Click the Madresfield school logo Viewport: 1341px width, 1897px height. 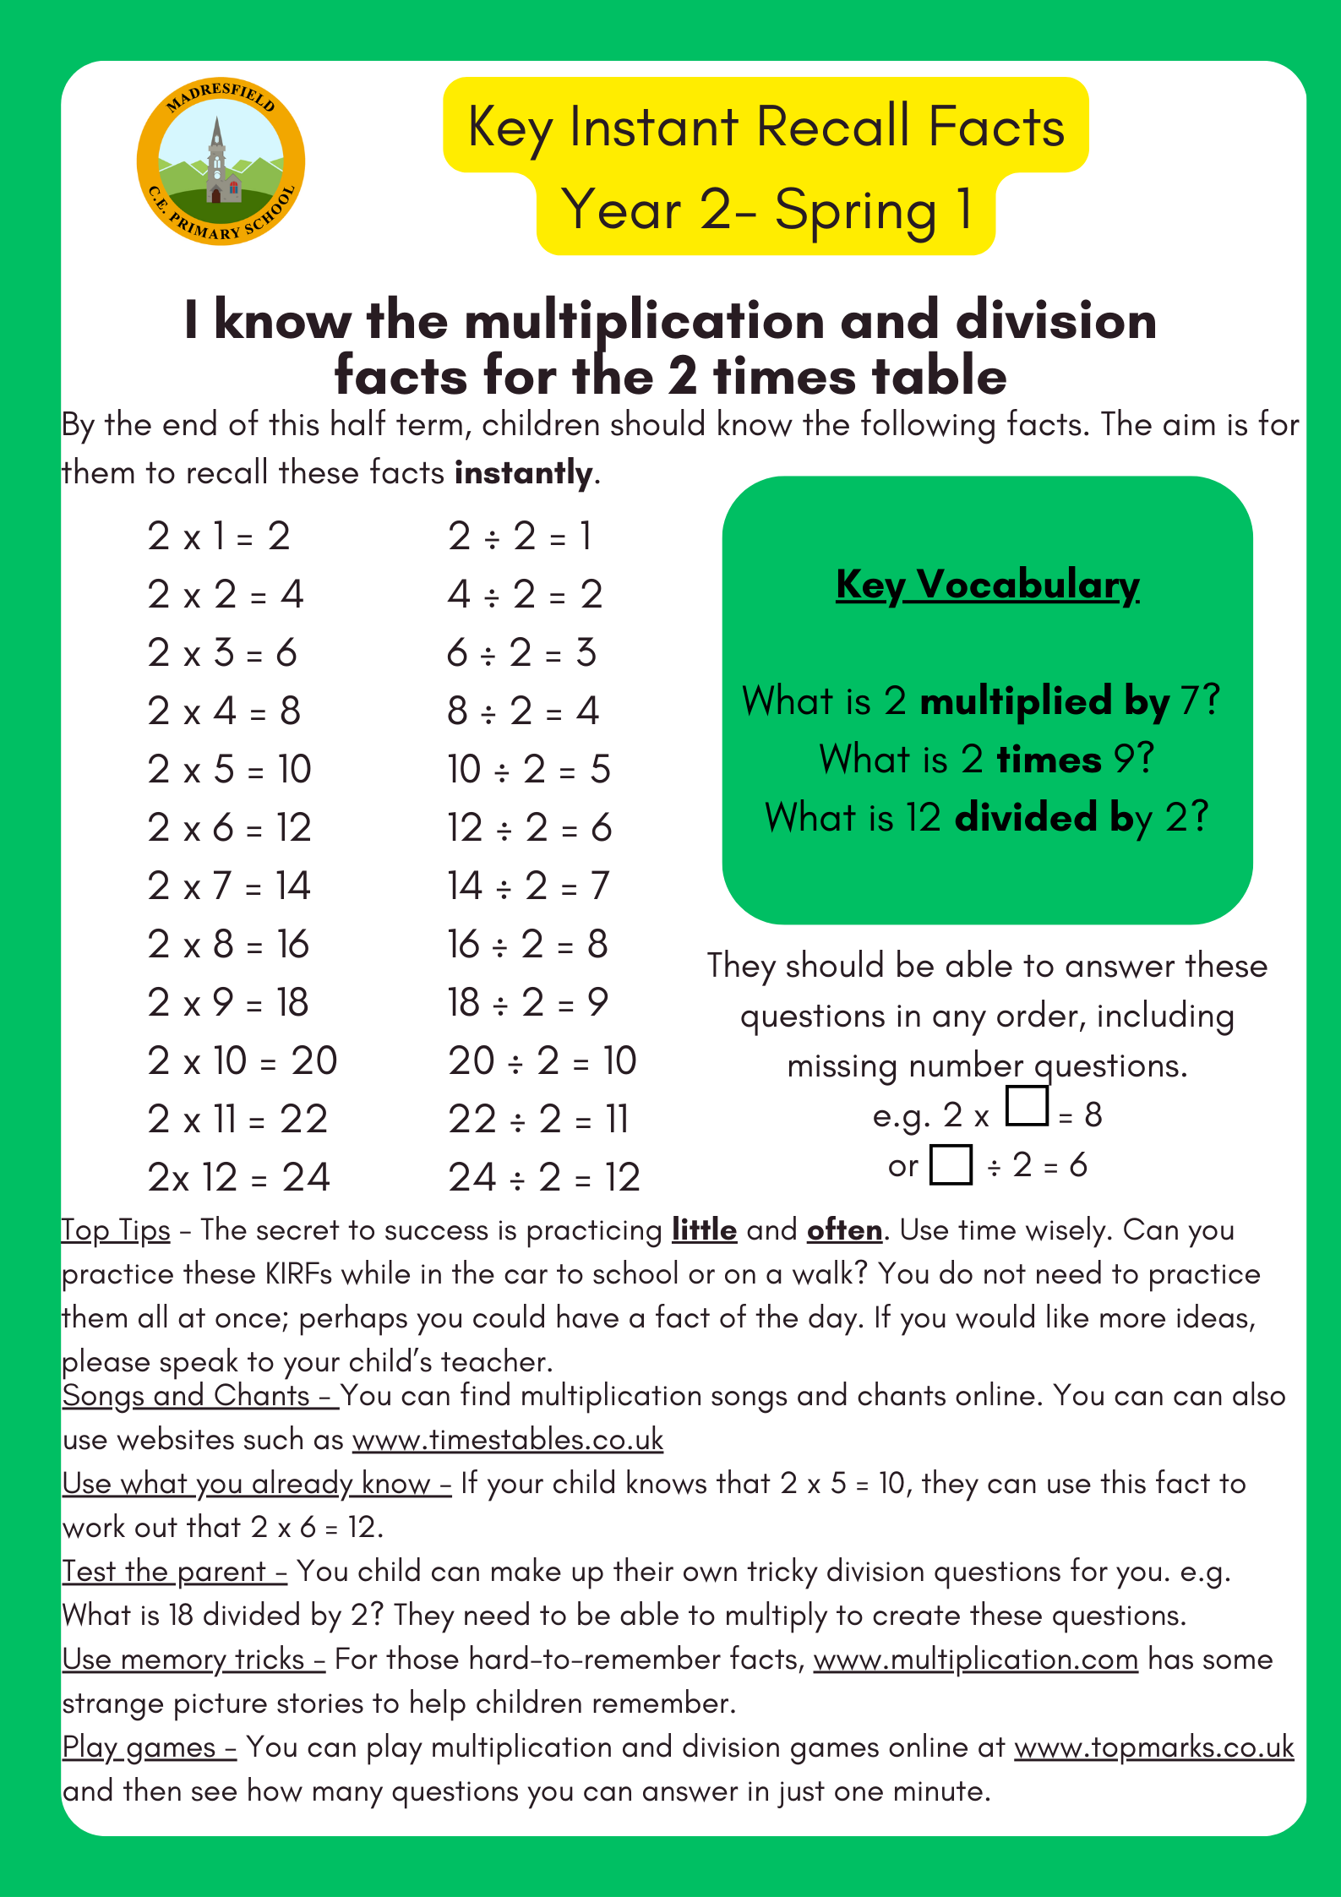[x=221, y=161]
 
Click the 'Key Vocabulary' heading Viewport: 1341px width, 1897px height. [x=987, y=585]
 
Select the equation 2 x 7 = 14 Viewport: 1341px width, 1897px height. [x=229, y=886]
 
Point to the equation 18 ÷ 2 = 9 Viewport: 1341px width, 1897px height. [x=528, y=1003]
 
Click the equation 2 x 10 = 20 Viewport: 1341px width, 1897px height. [x=243, y=1061]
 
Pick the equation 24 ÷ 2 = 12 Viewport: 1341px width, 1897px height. [x=544, y=1178]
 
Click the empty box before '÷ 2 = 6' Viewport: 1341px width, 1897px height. [x=951, y=1164]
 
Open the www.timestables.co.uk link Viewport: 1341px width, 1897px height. [x=508, y=1440]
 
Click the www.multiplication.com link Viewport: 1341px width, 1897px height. [x=976, y=1660]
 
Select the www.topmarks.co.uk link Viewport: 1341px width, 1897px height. [x=1153, y=1747]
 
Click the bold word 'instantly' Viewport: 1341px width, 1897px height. [x=523, y=473]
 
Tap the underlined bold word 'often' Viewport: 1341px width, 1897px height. [x=844, y=1230]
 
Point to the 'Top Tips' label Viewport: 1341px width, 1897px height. [x=117, y=1230]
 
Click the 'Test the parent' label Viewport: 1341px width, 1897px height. [x=165, y=1572]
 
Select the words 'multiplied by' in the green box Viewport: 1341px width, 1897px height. [x=1044, y=701]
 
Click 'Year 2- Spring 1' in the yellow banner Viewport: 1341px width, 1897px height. [x=766, y=211]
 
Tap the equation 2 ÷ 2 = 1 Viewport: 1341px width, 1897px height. [x=520, y=537]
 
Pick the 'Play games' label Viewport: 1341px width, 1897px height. [x=140, y=1747]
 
